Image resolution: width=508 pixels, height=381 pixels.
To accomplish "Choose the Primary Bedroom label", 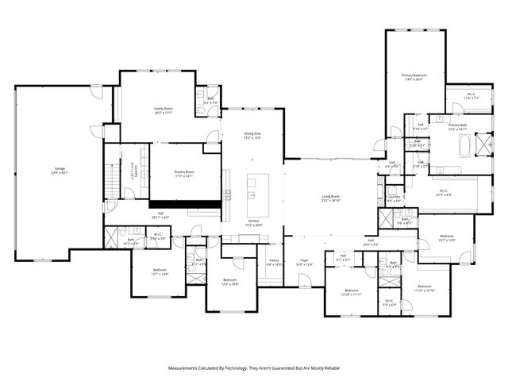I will pos(414,75).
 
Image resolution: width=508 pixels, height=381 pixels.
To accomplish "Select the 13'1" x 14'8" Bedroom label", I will pos(160,270).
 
